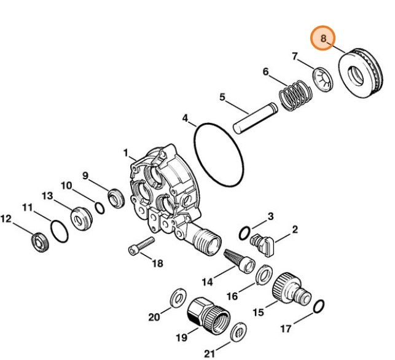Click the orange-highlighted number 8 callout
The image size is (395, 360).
323,39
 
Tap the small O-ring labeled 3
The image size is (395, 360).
244,233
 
